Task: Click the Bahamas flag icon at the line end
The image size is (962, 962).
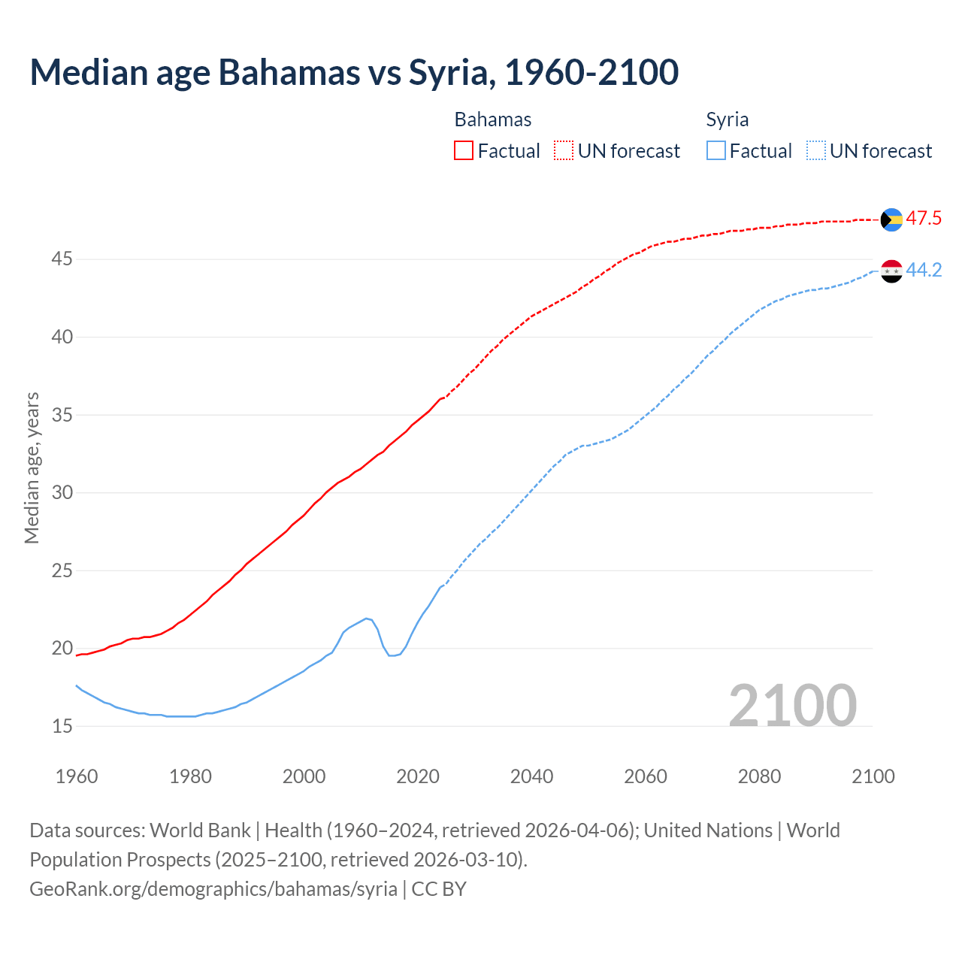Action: click(891, 219)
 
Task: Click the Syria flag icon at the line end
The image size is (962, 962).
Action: click(891, 271)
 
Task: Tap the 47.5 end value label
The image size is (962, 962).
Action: click(924, 219)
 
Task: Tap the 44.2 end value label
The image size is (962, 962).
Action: click(924, 271)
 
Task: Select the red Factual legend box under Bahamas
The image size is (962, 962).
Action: click(464, 150)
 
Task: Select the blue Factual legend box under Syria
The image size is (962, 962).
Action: click(716, 150)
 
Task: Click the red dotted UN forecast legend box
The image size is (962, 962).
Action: click(564, 150)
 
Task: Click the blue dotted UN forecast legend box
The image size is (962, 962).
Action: click(816, 150)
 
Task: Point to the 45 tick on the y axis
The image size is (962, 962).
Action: click(62, 259)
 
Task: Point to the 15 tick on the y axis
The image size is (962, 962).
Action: click(62, 726)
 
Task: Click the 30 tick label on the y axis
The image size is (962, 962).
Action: click(62, 493)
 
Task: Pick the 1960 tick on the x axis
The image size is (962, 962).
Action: click(77, 776)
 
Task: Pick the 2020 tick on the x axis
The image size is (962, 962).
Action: click(418, 776)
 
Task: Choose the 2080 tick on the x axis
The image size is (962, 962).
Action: click(759, 776)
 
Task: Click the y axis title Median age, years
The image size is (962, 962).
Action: click(32, 467)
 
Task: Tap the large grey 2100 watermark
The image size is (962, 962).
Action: click(792, 705)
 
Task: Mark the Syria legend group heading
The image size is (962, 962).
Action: click(727, 119)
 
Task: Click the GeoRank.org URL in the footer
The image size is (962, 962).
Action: click(213, 888)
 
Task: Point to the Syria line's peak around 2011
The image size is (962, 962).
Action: click(367, 619)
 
